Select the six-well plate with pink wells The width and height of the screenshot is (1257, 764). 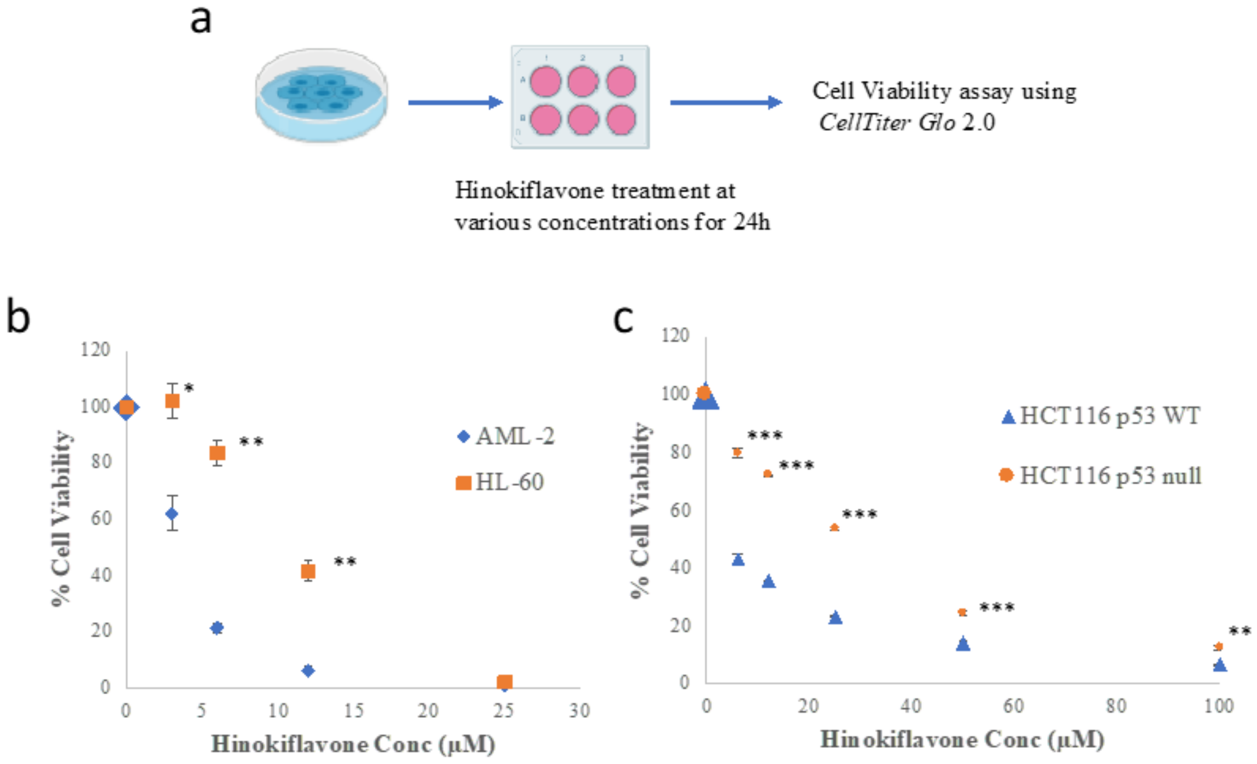(x=580, y=97)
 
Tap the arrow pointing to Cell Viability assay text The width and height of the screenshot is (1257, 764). (x=726, y=102)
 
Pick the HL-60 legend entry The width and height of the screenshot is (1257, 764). (x=500, y=482)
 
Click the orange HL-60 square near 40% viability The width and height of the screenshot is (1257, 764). (x=308, y=571)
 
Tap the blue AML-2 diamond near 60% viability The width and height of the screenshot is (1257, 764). (x=172, y=513)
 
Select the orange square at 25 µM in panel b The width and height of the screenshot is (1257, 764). (x=504, y=682)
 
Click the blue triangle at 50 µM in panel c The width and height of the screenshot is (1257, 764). (x=962, y=644)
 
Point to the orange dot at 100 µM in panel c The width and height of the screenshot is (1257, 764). (x=1219, y=647)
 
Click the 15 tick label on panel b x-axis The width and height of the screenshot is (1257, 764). (x=353, y=710)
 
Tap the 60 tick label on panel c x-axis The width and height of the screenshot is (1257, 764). (x=1013, y=706)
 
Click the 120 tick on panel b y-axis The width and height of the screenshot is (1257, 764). (x=95, y=350)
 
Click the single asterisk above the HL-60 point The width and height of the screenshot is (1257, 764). (x=189, y=388)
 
